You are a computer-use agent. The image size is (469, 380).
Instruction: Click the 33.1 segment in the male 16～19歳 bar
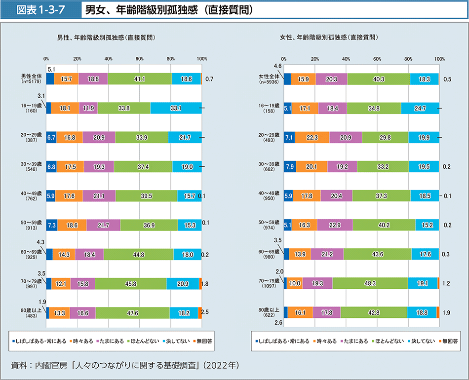[176, 108]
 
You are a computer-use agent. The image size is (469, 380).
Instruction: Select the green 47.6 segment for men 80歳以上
[132, 313]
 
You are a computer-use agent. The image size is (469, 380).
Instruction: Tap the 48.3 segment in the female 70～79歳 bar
[370, 283]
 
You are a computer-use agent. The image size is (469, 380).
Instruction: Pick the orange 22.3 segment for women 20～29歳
[312, 138]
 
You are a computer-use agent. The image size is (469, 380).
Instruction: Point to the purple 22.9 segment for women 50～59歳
[335, 225]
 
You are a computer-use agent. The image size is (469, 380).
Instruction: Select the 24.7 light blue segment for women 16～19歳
[420, 108]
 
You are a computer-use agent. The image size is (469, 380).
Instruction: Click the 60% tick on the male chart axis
[139, 59]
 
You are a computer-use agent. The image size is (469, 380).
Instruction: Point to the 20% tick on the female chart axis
[314, 59]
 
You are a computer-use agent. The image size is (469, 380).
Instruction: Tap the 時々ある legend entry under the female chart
[327, 341]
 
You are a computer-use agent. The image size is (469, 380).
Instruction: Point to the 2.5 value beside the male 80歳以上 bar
[206, 312]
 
